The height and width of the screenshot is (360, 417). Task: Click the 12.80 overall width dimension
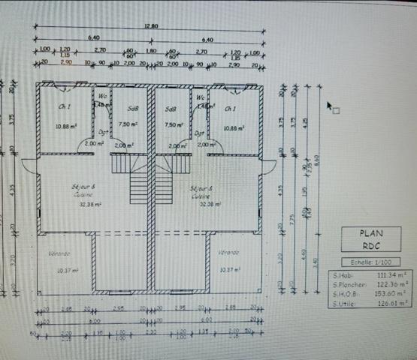click(150, 26)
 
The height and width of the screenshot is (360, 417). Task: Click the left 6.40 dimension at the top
click(93, 37)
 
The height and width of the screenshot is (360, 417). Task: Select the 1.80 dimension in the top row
click(151, 51)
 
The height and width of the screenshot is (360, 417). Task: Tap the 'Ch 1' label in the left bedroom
click(65, 107)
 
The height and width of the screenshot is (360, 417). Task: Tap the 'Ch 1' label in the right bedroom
click(230, 109)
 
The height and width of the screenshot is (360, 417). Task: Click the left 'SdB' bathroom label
click(133, 109)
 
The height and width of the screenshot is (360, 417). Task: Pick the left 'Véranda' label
click(59, 253)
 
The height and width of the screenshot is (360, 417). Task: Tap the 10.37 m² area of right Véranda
click(229, 269)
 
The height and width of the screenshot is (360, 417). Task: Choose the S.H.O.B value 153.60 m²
click(393, 294)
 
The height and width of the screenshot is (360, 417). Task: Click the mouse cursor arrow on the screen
click(329, 105)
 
